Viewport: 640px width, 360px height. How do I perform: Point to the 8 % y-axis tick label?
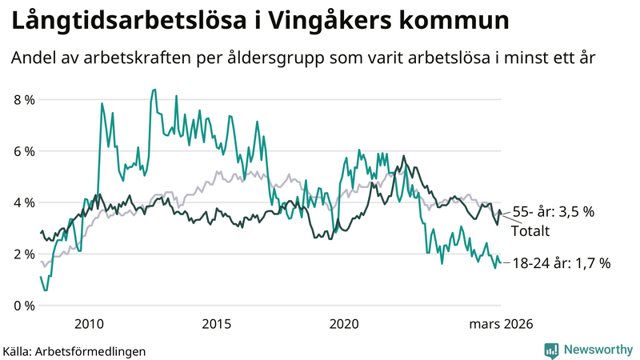[24, 100]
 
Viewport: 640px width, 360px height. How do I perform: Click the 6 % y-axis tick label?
[24, 151]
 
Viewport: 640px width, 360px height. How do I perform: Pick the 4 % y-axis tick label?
[24, 202]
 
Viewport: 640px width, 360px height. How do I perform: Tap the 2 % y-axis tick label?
[24, 254]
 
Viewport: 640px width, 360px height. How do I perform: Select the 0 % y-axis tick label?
[24, 306]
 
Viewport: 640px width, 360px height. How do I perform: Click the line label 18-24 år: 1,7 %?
[562, 262]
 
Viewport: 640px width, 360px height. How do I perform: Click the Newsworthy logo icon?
[551, 350]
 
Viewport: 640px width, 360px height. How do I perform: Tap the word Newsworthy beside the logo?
[598, 350]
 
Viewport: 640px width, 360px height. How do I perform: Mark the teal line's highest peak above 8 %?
[154, 90]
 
